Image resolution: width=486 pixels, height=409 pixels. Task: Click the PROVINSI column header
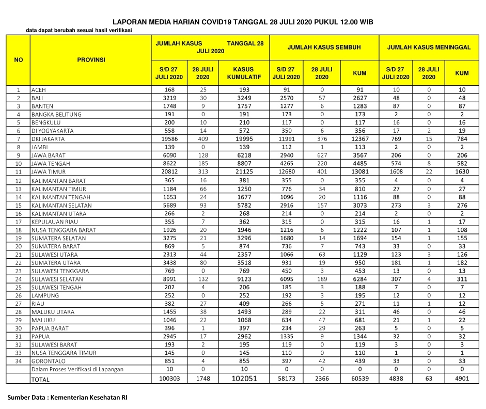(91, 60)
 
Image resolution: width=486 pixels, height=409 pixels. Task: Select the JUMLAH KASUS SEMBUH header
(324, 47)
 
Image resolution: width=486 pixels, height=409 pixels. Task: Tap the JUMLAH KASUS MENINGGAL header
(429, 47)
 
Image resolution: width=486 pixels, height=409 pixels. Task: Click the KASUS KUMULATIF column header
(244, 73)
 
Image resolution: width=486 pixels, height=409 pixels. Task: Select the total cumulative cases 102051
(244, 379)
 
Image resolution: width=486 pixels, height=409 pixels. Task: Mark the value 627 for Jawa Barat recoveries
(321, 155)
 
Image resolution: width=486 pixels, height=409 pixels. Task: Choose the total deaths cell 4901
(462, 378)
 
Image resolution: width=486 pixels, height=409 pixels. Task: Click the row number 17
(18, 222)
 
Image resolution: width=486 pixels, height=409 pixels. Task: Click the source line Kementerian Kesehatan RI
(68, 398)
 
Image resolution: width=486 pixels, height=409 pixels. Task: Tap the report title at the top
(243, 22)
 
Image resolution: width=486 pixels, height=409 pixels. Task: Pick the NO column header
(18, 60)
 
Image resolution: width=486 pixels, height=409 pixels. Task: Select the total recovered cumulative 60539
(359, 378)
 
